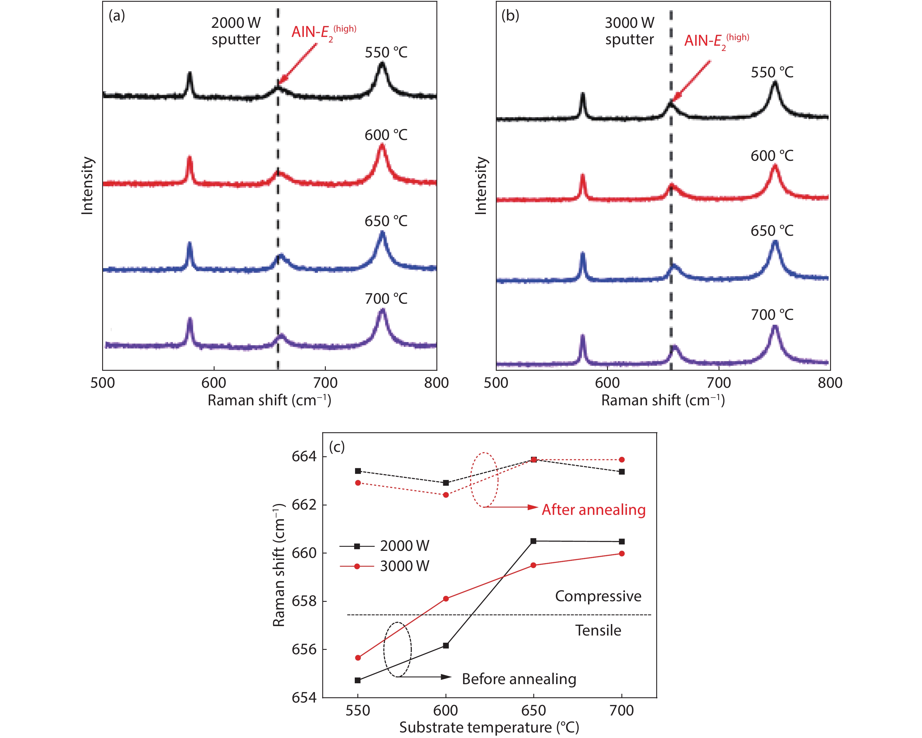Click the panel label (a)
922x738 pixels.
tap(117, 16)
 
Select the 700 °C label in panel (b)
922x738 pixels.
tap(772, 315)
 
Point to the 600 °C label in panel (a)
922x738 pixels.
tap(386, 135)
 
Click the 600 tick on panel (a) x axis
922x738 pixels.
tap(214, 382)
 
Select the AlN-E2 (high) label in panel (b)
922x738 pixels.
tap(716, 41)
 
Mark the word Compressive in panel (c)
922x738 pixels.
tap(598, 596)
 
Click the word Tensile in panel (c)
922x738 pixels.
tap(598, 630)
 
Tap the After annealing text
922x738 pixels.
tap(594, 510)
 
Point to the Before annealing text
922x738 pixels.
tap(519, 679)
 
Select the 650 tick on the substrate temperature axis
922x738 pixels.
tap(533, 711)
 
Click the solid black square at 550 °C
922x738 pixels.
tap(358, 680)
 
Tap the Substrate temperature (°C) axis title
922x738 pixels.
tap(489, 727)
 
